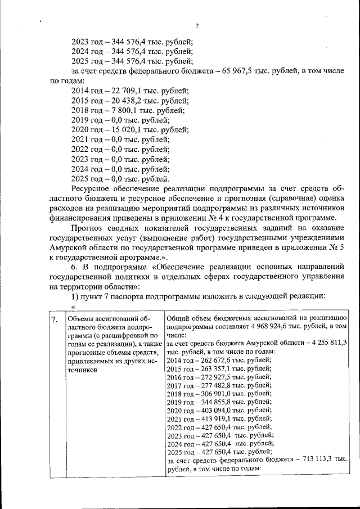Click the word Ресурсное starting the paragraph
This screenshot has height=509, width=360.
pyautogui.click(x=94, y=189)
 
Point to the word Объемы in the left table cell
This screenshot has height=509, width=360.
pyautogui.click(x=79, y=319)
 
